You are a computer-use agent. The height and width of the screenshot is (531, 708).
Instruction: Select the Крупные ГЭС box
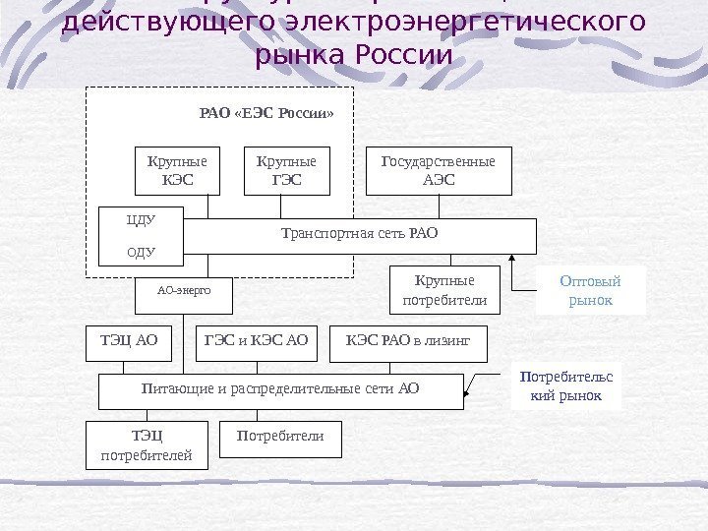(286, 171)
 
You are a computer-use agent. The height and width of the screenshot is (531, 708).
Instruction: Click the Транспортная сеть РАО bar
(360, 235)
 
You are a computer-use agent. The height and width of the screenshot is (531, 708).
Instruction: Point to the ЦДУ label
(143, 219)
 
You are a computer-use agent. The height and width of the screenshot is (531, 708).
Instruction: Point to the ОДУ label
(143, 252)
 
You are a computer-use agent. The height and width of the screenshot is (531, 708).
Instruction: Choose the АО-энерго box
(184, 291)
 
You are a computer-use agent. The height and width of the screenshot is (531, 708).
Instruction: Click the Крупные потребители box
(444, 290)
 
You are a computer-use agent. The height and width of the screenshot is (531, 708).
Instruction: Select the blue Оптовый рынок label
(591, 290)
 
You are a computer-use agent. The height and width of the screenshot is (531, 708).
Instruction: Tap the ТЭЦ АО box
(129, 340)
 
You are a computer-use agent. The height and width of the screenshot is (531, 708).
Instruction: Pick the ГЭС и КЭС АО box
(256, 340)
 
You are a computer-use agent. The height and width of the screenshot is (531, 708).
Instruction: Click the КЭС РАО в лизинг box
(408, 340)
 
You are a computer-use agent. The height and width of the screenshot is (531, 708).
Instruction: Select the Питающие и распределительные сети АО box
(280, 389)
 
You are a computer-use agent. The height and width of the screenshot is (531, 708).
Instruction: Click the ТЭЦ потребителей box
(147, 445)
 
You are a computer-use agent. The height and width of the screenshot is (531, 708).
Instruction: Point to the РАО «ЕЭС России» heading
(266, 113)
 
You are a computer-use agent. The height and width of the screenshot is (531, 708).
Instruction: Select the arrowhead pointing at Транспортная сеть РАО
(512, 259)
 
